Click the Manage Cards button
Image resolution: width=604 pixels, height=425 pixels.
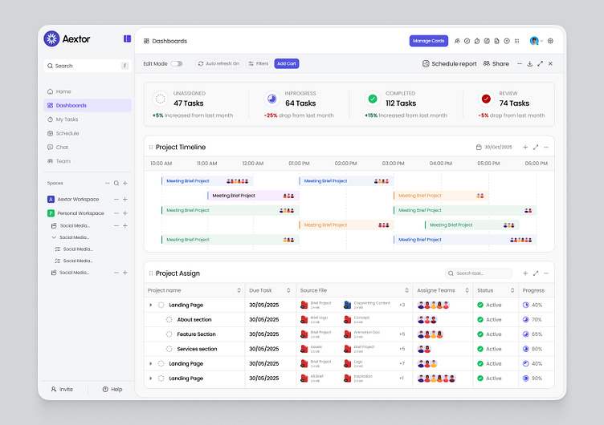tap(428, 41)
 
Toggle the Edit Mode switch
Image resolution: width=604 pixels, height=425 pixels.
tap(176, 63)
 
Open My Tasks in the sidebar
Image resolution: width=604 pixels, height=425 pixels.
tap(67, 119)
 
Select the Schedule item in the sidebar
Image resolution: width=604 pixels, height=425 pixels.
tap(67, 133)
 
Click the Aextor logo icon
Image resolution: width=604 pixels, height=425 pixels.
tap(51, 38)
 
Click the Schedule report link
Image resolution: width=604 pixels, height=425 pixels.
tap(449, 63)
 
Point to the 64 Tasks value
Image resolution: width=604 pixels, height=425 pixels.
tap(300, 103)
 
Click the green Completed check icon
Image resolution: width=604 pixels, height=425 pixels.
tap(372, 99)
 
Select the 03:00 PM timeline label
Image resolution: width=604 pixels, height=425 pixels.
tap(393, 164)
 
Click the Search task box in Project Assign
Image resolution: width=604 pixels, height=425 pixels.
tap(479, 273)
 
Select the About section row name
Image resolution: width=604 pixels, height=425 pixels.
tap(194, 319)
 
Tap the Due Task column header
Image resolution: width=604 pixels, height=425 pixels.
tap(260, 290)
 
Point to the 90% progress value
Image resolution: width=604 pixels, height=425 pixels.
tap(537, 378)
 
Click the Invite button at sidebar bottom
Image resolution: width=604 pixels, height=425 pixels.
tap(62, 389)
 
